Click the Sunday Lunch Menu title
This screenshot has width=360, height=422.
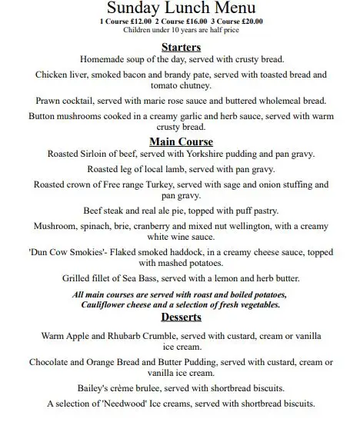[180, 8]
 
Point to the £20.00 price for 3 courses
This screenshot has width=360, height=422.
[252, 22]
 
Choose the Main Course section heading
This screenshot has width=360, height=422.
[181, 141]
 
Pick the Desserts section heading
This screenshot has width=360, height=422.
[181, 316]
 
